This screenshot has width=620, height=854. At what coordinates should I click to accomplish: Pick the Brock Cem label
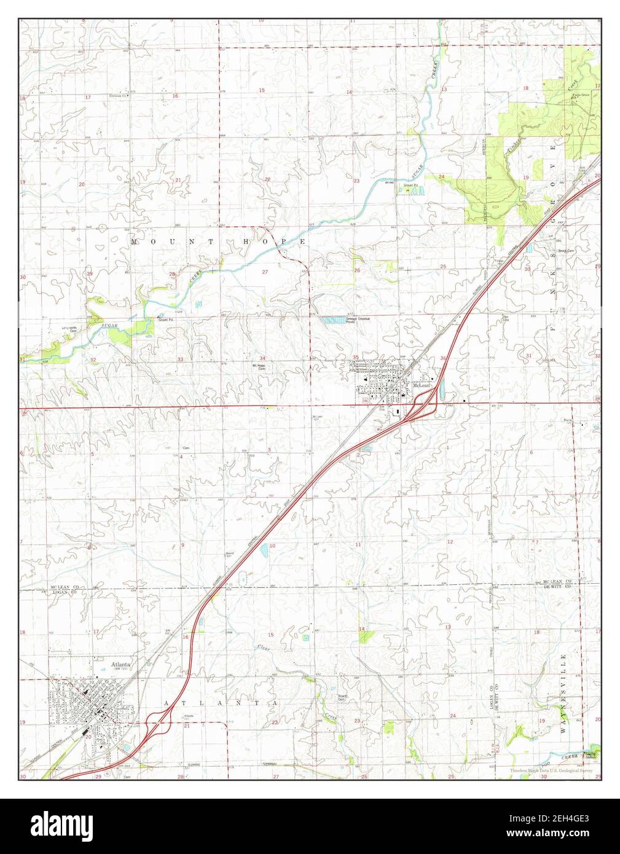click(x=565, y=251)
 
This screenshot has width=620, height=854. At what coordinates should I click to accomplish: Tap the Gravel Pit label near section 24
click(x=410, y=184)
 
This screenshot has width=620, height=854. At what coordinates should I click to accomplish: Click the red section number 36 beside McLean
click(x=443, y=358)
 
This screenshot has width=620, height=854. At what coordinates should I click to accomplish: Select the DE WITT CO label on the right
click(x=557, y=588)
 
